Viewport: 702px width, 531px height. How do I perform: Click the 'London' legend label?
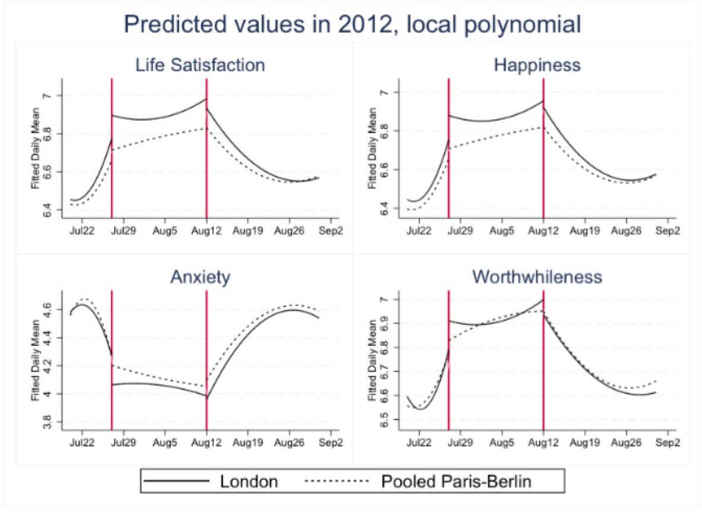(249, 481)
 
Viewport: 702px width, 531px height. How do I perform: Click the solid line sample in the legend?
(177, 481)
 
